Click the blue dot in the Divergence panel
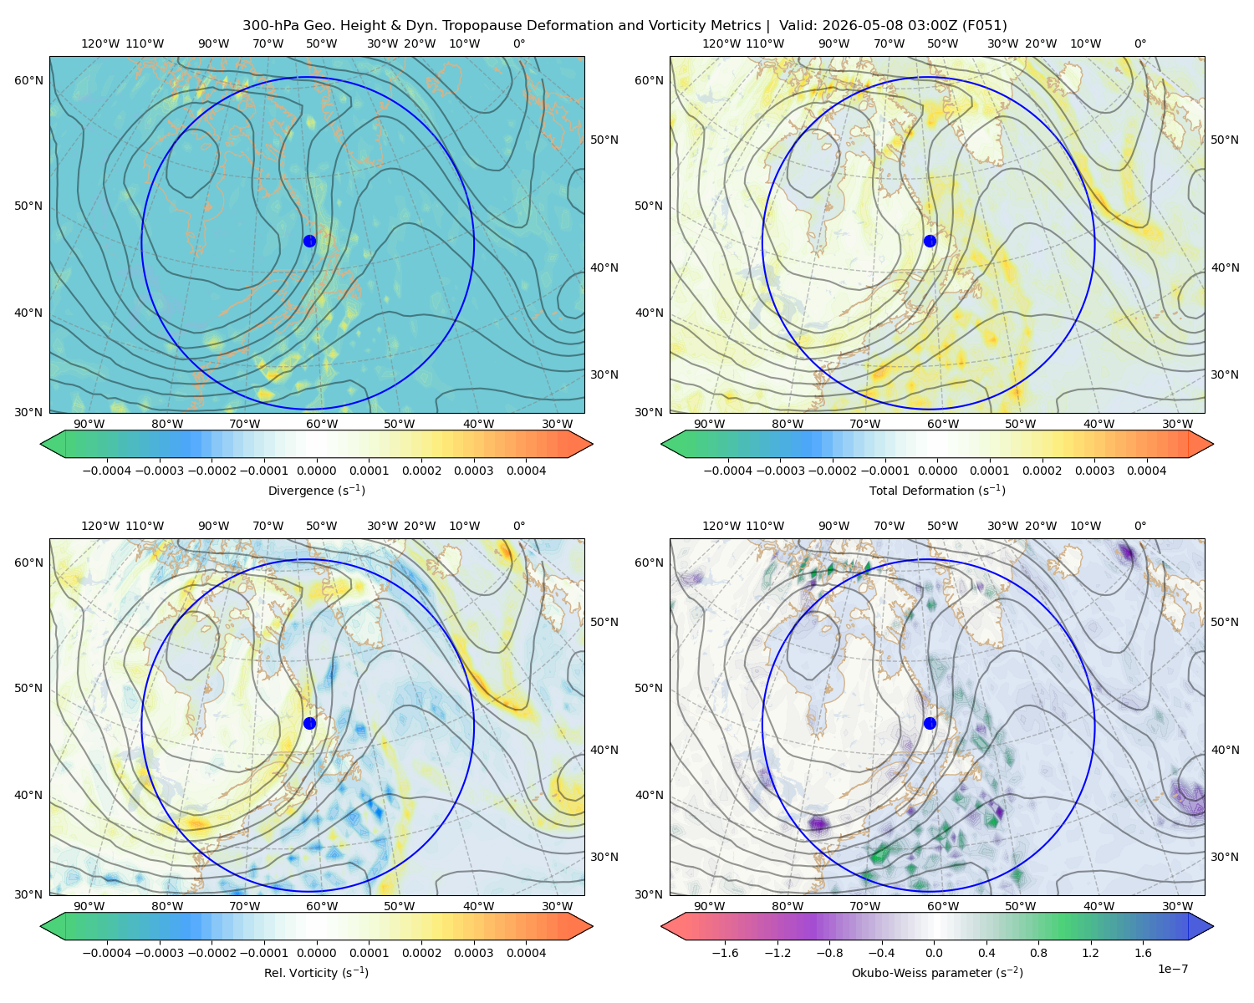point(309,241)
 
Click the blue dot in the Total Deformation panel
point(930,241)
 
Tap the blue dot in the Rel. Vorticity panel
point(309,723)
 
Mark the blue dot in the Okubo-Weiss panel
point(930,723)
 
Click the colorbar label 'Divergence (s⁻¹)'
point(316,490)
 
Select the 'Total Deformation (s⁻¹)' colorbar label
point(937,490)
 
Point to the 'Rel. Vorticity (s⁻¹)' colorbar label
point(316,972)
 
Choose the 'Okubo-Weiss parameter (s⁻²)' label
point(937,972)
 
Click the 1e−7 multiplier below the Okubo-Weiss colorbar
point(1172,969)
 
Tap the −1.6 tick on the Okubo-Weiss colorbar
point(725,952)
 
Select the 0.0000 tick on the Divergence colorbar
point(316,471)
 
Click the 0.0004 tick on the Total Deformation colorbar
point(1146,471)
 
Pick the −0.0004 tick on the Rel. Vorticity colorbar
point(107,952)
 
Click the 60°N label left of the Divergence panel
point(28,80)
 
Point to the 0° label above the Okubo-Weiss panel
point(1139,526)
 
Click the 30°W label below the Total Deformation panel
point(1177,424)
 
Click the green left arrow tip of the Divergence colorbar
point(41,444)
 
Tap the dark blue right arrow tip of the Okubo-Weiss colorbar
point(1213,926)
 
